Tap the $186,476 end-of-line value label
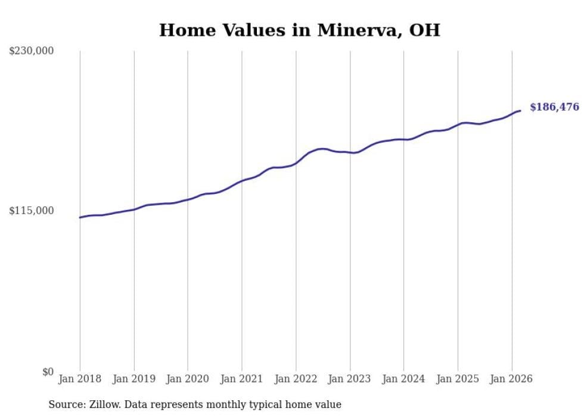click(x=554, y=107)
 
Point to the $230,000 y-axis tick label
click(x=32, y=51)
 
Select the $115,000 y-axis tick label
click(x=32, y=211)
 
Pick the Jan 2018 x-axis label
click(x=80, y=379)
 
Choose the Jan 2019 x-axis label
click(x=134, y=379)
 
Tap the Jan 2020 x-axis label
click(x=188, y=379)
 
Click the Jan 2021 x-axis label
click(x=242, y=379)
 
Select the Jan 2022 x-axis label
click(x=296, y=379)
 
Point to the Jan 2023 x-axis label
click(x=350, y=379)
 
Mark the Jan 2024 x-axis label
click(x=403, y=379)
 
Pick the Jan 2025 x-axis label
click(x=458, y=379)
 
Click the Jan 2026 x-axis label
click(x=511, y=379)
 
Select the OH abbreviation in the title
click(x=424, y=30)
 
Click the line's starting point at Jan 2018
click(x=80, y=217)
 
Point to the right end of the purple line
click(x=520, y=110)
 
